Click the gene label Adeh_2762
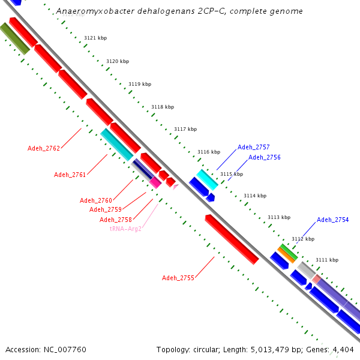click(x=44, y=148)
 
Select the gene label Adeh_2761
click(x=70, y=175)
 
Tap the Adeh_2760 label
click(x=96, y=200)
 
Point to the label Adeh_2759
click(x=106, y=209)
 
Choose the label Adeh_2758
click(x=116, y=220)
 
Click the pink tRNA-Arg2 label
click(x=125, y=229)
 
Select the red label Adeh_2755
click(x=178, y=278)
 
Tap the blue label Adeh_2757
click(x=253, y=147)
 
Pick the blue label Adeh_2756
click(x=265, y=157)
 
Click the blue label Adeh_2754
click(x=332, y=220)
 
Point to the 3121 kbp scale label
click(x=95, y=38)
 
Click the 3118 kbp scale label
click(x=163, y=107)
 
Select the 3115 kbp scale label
click(x=232, y=174)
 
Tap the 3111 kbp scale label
click(x=327, y=260)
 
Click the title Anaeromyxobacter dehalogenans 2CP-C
click(x=179, y=11)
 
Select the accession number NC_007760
click(x=46, y=349)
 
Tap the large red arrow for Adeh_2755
click(x=232, y=239)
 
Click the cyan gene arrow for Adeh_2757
click(x=207, y=178)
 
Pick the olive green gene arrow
click(x=14, y=38)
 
